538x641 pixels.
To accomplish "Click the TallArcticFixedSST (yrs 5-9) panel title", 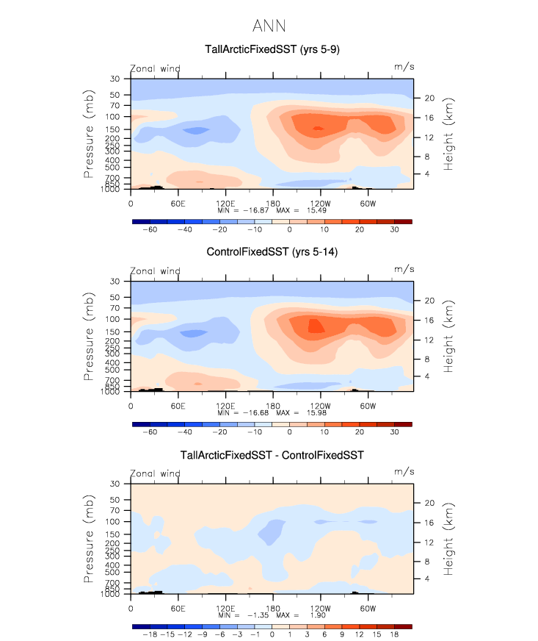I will [x=272, y=50].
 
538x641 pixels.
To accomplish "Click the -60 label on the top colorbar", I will [x=150, y=229].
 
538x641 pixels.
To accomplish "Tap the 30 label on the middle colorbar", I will [x=394, y=432].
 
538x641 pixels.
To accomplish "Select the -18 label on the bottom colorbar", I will [x=150, y=634].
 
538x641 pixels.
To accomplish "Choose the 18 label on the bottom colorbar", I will [x=394, y=634].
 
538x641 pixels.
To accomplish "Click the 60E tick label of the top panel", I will [x=178, y=203].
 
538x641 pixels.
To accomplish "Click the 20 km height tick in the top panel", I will [x=430, y=99].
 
